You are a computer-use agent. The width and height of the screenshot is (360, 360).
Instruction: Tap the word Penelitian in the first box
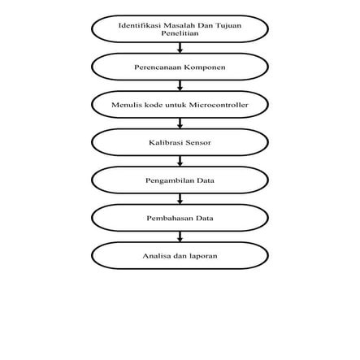coord(180,33)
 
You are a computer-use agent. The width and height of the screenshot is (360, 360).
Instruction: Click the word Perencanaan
coord(158,67)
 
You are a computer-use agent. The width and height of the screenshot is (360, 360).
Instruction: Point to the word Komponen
coord(204,67)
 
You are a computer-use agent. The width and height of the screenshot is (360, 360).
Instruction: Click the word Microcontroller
coord(218,105)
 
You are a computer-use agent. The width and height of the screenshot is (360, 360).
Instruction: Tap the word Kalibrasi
coord(164,142)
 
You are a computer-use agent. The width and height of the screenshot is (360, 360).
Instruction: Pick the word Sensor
coord(198,142)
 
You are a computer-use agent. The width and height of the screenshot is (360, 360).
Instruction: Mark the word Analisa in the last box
coord(156,255)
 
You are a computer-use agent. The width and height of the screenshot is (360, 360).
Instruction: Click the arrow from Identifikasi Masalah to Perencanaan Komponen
coord(180,48)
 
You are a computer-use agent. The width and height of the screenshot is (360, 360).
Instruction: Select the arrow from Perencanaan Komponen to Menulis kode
coord(180,85)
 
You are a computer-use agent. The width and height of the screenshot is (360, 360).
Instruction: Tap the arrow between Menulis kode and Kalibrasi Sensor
coord(180,124)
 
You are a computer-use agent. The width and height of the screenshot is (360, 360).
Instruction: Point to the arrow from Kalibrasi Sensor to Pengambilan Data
coord(180,161)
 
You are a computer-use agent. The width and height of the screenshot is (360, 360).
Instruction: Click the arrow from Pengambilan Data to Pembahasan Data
coord(180,199)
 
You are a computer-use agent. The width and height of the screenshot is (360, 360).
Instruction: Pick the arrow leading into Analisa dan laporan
coord(180,236)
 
